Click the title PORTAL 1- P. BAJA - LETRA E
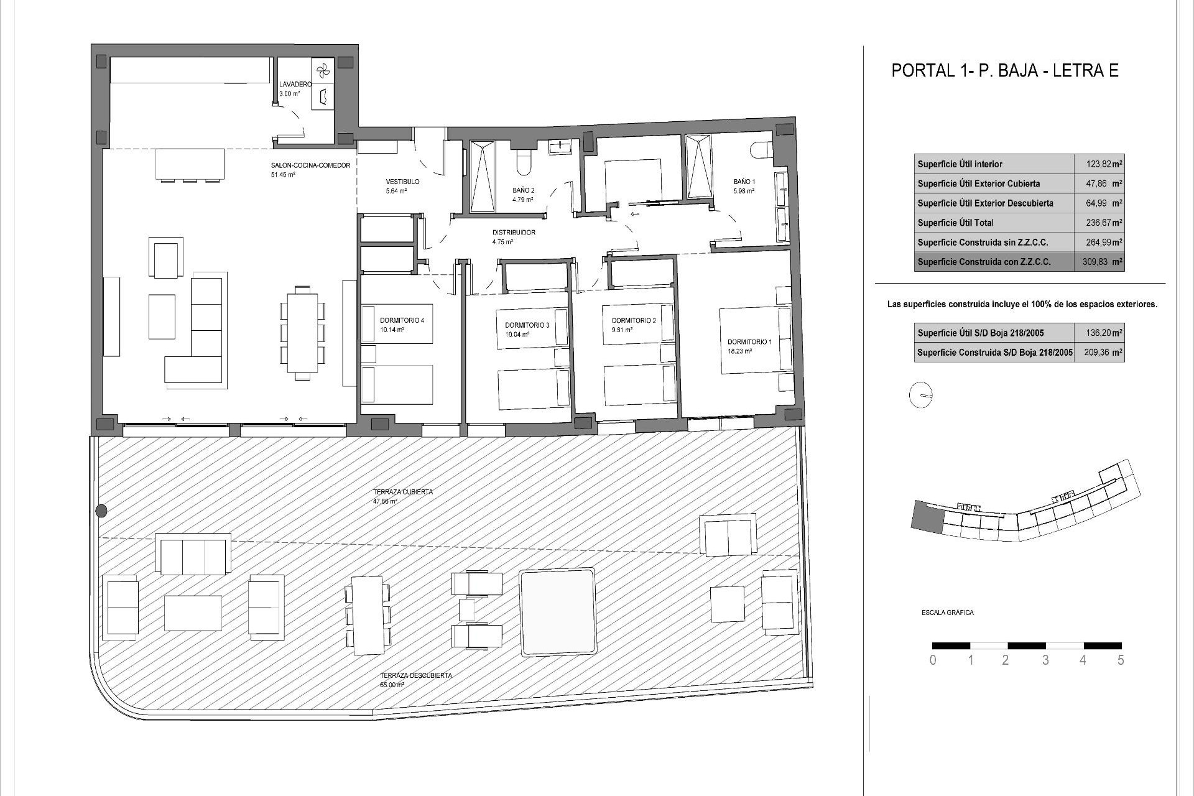tap(1005, 70)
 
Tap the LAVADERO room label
tap(295, 84)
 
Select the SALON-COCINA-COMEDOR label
tap(310, 165)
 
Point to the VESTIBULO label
tap(402, 182)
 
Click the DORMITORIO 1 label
tap(749, 341)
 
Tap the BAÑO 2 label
tap(523, 190)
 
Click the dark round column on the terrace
tap(101, 511)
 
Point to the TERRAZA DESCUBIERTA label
tap(416, 675)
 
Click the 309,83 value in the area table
tap(1099, 262)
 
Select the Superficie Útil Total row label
tap(955, 223)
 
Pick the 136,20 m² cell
tap(1099, 333)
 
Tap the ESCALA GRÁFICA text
tap(947, 613)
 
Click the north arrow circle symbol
tap(921, 395)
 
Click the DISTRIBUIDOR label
tap(514, 233)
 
